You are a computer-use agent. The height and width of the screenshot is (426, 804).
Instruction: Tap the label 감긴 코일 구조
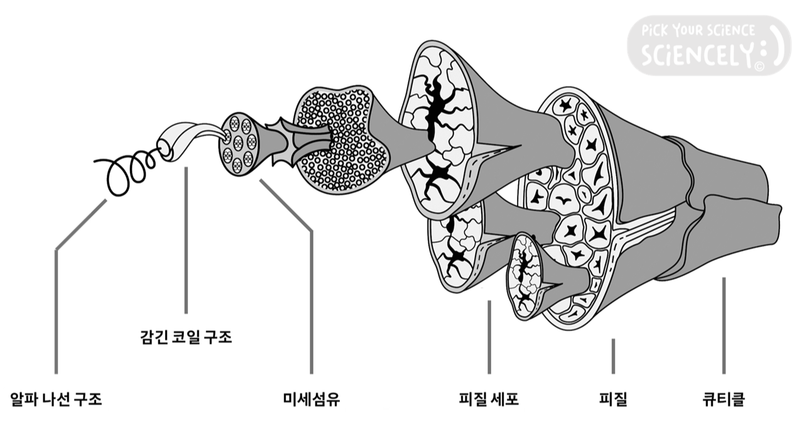click(x=186, y=337)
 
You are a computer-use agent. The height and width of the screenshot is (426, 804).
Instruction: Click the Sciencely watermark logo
click(x=708, y=45)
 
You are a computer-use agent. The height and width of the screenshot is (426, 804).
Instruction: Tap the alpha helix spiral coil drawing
click(x=129, y=171)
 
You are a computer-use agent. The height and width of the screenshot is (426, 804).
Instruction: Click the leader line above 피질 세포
click(x=489, y=337)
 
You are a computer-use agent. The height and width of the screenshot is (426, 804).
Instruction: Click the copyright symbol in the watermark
click(x=759, y=65)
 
